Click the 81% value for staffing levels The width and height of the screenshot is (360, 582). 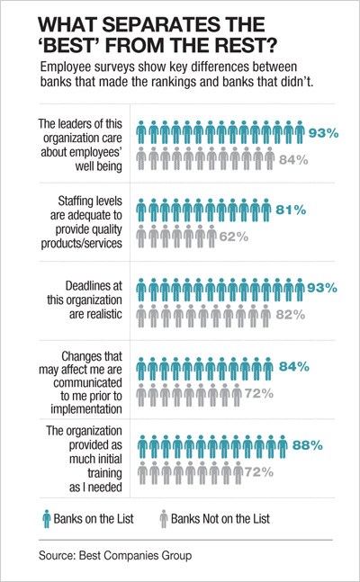click(x=291, y=210)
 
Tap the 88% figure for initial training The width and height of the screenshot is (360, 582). click(x=306, y=443)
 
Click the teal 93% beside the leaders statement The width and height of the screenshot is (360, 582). click(x=323, y=132)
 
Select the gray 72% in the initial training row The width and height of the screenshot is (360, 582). click(x=258, y=471)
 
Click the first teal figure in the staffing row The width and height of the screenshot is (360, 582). click(x=141, y=210)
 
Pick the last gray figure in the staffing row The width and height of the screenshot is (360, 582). click(x=211, y=237)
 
